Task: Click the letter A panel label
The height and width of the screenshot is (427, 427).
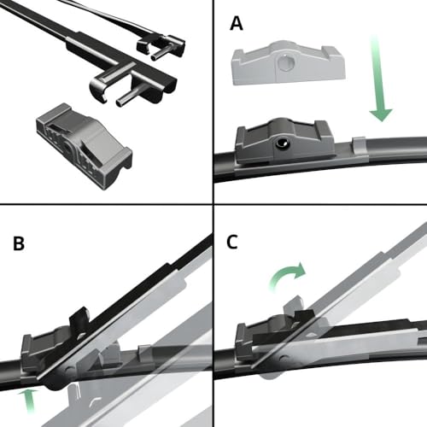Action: pos(237,23)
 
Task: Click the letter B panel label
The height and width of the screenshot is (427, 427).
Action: pos(19,243)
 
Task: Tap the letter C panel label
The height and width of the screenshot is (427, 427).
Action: pos(232,243)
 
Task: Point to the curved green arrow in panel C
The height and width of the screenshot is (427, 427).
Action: pos(286,276)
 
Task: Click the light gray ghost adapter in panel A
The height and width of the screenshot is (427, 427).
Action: pos(289,63)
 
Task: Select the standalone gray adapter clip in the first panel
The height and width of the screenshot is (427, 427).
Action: pos(84,146)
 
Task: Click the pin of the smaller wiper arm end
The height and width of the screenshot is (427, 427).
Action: pos(161,53)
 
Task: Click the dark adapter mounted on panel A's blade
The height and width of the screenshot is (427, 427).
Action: pos(285,141)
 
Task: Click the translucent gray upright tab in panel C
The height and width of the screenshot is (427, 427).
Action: pos(293,306)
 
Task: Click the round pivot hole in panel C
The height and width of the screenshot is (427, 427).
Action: pos(283,358)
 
